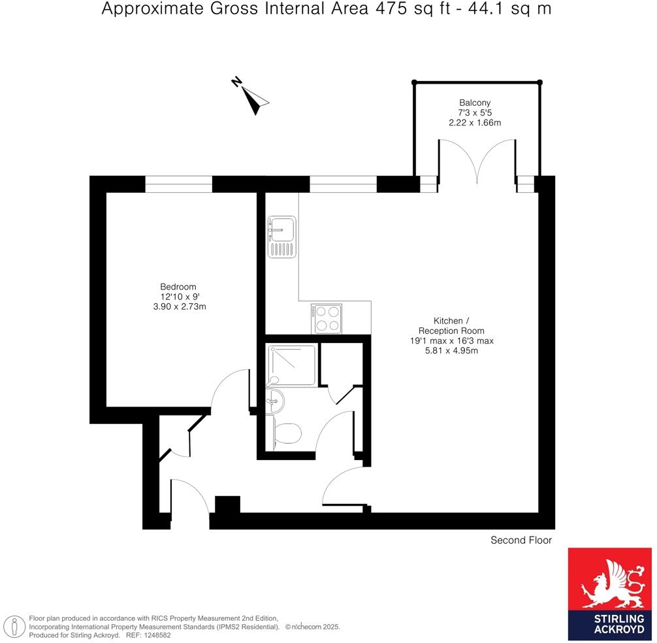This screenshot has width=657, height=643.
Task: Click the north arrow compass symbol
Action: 251,97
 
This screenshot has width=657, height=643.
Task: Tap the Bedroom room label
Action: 178,287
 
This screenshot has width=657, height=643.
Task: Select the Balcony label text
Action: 475,103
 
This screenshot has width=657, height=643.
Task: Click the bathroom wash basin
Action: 275,400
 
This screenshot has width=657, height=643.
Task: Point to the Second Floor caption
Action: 521,540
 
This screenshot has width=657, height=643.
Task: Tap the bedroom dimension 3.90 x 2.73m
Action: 178,306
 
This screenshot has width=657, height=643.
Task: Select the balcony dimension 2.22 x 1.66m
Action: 475,123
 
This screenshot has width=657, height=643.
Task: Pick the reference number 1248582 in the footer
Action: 153,635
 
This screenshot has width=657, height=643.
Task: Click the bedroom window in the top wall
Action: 178,185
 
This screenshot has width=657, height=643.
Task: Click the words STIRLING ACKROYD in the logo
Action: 610,625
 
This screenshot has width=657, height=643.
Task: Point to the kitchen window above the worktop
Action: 343,185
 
